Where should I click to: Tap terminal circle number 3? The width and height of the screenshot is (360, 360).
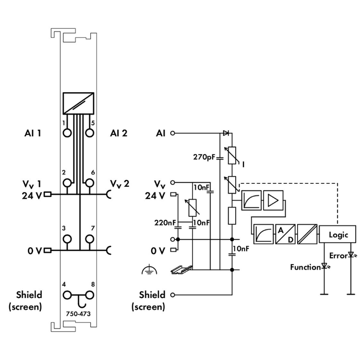[67, 239]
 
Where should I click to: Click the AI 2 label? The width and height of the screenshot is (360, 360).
[119, 133]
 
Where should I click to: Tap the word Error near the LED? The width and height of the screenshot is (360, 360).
[338, 256]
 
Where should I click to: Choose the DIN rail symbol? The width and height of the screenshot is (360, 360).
[182, 270]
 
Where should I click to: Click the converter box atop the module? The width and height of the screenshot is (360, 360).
[78, 103]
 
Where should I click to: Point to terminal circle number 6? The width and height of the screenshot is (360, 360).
[89, 182]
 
